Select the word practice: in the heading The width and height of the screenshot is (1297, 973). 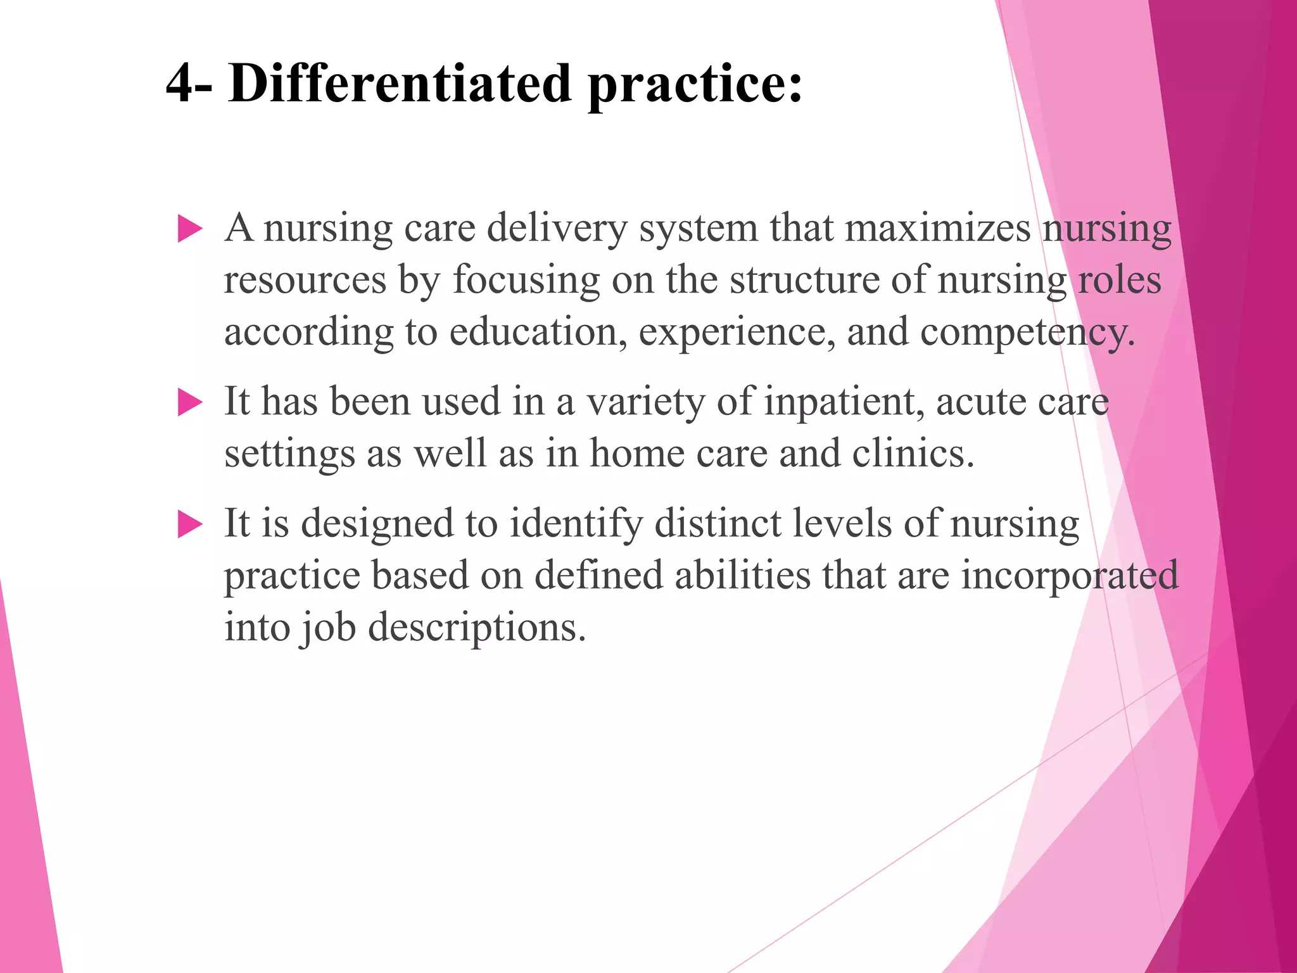tap(695, 86)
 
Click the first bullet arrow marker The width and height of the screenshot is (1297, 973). tap(189, 228)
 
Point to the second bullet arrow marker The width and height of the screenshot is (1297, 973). tap(189, 402)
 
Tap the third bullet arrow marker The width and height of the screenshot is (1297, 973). tap(189, 524)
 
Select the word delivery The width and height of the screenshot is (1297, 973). tap(557, 229)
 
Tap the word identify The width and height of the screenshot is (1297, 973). tap(576, 525)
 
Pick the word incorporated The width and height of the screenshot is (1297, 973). tap(1070, 576)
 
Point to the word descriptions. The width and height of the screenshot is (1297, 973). tap(477, 628)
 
